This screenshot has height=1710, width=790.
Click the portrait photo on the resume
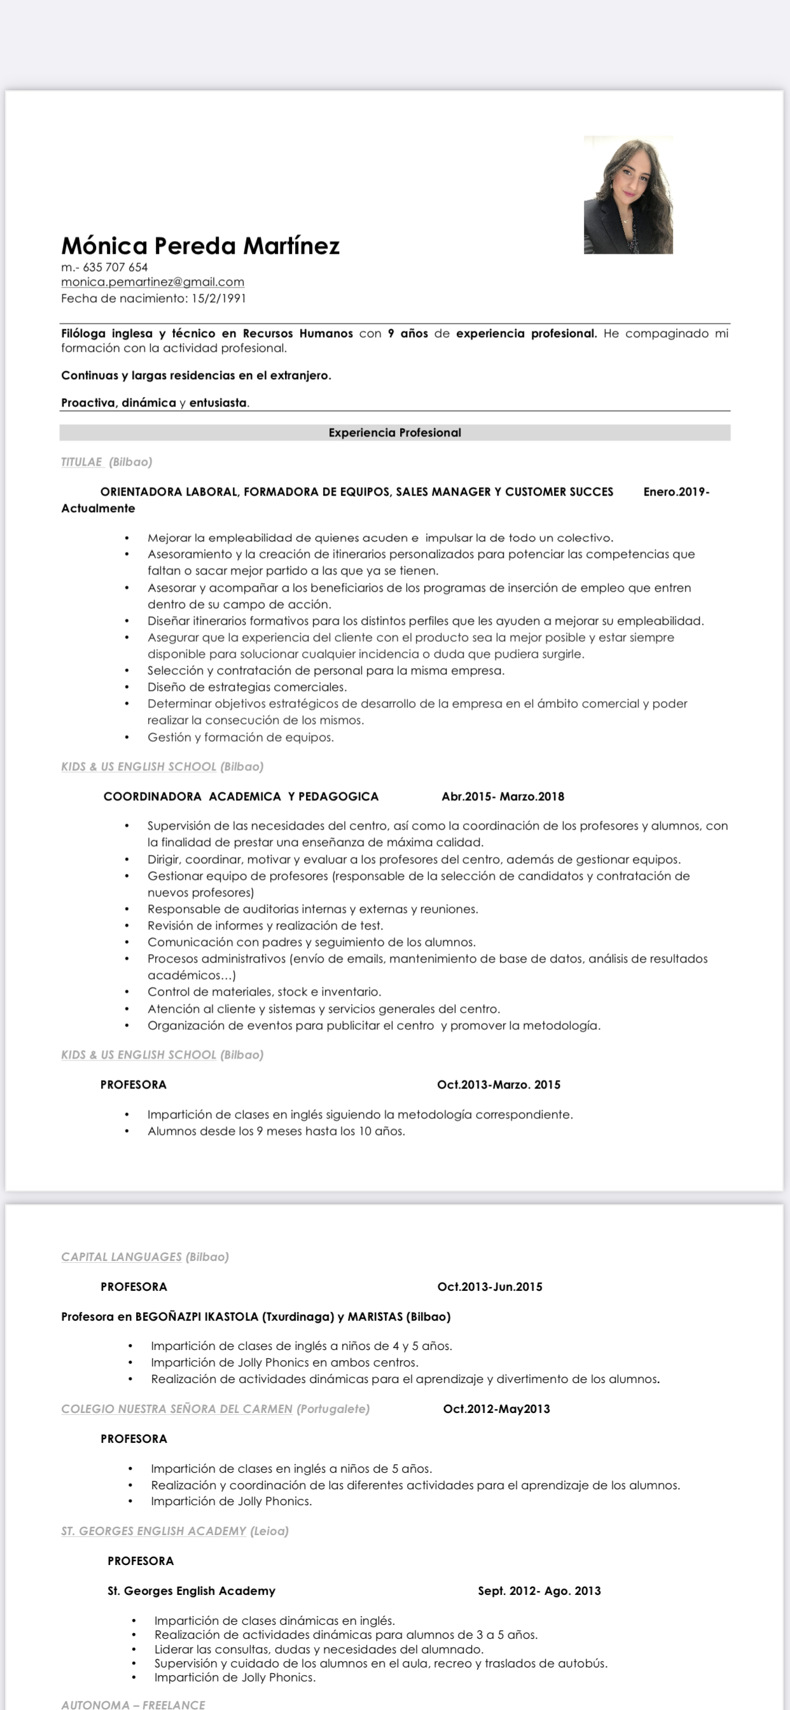(628, 195)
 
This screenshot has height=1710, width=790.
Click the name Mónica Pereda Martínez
(200, 246)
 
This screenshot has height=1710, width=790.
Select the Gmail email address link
(153, 282)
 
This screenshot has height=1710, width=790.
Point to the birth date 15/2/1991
(218, 299)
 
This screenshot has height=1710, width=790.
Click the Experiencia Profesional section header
(394, 433)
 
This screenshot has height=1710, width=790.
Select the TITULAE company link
(81, 462)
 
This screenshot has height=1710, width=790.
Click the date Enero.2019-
(676, 492)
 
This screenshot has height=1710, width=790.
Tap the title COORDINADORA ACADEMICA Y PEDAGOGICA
(241, 796)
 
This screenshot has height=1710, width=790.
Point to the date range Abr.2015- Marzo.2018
(502, 796)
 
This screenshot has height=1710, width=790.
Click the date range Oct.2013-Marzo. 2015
(499, 1085)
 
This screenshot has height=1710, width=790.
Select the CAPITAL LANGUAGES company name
(121, 1256)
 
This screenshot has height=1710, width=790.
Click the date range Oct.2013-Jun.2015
(490, 1286)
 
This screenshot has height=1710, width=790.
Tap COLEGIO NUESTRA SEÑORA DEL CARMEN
(177, 1408)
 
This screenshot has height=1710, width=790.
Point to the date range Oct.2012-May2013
(497, 1408)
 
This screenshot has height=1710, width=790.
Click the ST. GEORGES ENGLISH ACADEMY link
(154, 1531)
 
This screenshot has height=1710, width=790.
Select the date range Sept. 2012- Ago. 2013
(539, 1590)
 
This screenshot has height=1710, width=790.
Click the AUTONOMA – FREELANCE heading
(134, 1704)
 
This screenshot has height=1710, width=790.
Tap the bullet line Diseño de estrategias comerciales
(247, 687)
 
